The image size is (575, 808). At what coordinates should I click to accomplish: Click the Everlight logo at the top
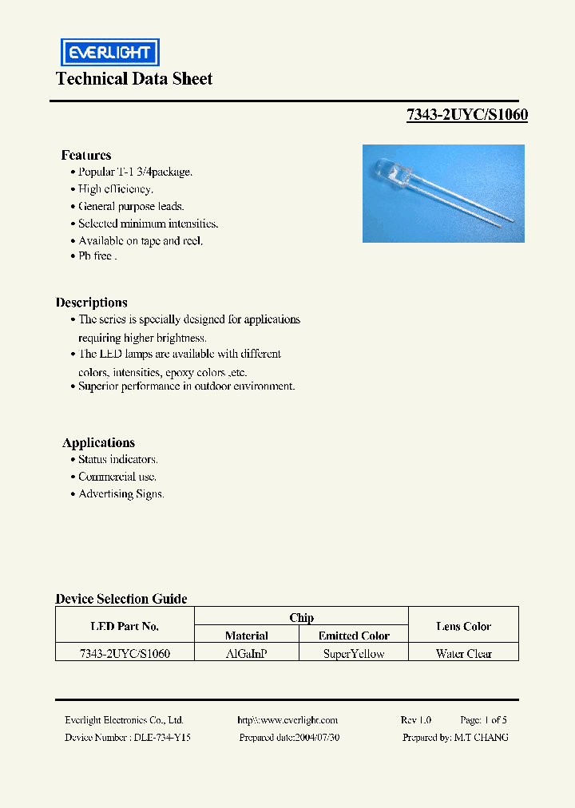pyautogui.click(x=110, y=53)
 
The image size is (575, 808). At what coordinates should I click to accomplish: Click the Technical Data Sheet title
pyautogui.click(x=134, y=79)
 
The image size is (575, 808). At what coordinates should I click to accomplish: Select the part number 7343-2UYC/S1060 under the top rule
pyautogui.click(x=467, y=115)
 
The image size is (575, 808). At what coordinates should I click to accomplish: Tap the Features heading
pyautogui.click(x=86, y=155)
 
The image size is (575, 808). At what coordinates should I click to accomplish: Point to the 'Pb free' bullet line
pyautogui.click(x=97, y=256)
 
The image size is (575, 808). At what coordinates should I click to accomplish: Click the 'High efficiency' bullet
pyautogui.click(x=115, y=189)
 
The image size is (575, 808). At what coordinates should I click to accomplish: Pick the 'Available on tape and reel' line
pyautogui.click(x=140, y=240)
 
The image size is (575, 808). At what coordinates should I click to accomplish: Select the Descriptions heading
pyautogui.click(x=92, y=303)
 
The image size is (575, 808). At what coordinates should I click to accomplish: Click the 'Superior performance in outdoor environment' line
pyautogui.click(x=186, y=386)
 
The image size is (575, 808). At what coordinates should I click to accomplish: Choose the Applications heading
pyautogui.click(x=98, y=443)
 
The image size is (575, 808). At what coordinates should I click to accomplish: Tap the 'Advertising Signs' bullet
pyautogui.click(x=121, y=494)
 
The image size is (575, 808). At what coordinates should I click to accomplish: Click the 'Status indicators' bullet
pyautogui.click(x=117, y=460)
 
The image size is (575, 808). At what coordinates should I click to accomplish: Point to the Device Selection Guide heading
pyautogui.click(x=121, y=599)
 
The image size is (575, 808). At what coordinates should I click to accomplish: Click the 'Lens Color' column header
pyautogui.click(x=463, y=627)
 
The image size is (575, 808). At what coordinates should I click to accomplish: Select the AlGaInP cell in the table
pyautogui.click(x=247, y=654)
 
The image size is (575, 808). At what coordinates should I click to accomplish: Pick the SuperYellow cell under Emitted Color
pyautogui.click(x=354, y=654)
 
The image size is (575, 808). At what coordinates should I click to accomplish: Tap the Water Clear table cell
pyautogui.click(x=463, y=654)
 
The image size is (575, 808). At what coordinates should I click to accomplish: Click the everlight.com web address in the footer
pyautogui.click(x=287, y=720)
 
